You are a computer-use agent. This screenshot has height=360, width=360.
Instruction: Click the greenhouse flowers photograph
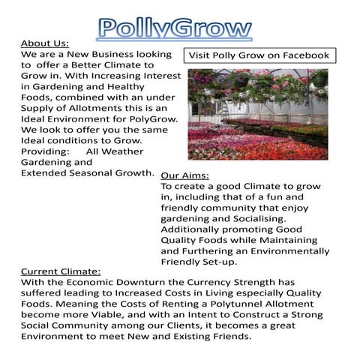(x=257, y=113)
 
